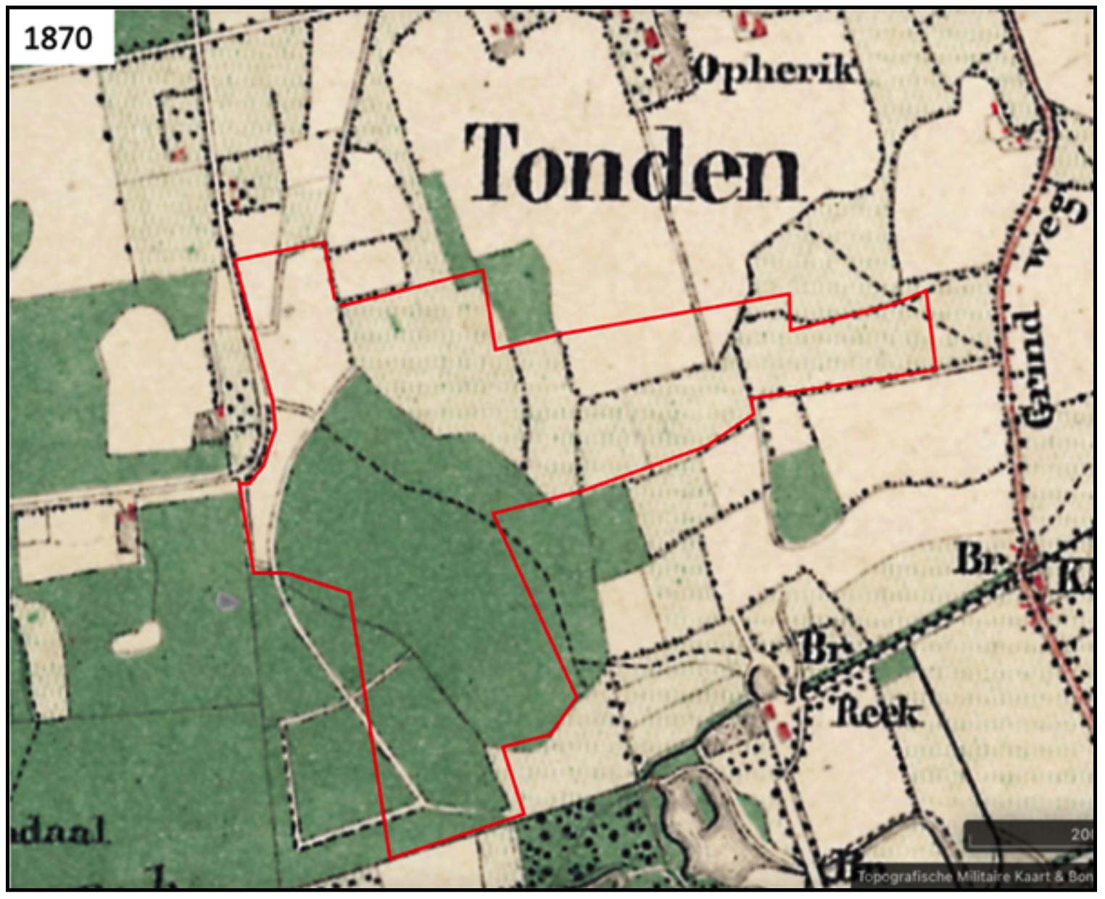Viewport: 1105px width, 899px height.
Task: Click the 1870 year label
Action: [x=58, y=38]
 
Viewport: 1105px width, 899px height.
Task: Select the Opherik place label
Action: [x=776, y=70]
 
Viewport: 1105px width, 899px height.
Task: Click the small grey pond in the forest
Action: [x=227, y=600]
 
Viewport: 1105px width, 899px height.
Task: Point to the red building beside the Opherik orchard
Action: [x=652, y=36]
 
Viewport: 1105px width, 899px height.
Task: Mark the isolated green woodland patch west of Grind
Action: [x=805, y=493]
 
